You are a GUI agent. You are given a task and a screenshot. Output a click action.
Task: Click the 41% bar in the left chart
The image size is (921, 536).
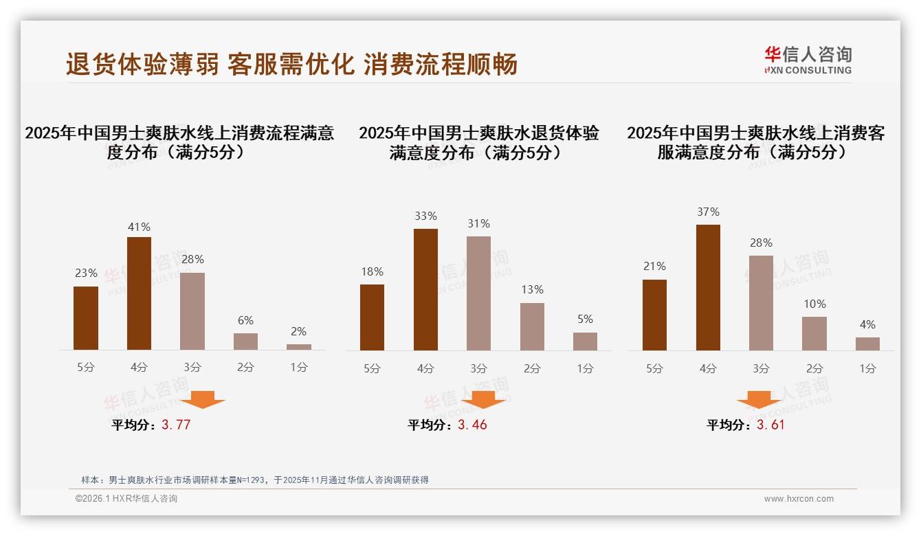pos(139,293)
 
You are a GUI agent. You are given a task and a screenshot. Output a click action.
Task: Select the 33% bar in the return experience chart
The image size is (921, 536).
pos(425,289)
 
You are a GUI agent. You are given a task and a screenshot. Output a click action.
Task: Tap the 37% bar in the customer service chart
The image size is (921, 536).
pos(708,287)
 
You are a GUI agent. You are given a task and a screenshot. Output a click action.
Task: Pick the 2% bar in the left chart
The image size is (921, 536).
pos(299,347)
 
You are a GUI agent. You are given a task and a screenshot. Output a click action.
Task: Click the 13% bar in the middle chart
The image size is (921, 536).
pos(532,326)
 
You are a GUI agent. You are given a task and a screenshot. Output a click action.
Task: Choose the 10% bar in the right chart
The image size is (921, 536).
pos(814,333)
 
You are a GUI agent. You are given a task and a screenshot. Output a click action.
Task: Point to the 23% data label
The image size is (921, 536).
pos(86,273)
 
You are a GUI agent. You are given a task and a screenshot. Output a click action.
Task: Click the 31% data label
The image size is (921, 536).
pos(478,223)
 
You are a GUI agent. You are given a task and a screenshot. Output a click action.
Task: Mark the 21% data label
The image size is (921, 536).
pos(654,266)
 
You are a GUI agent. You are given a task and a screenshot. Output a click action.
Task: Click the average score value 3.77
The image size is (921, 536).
pos(176,425)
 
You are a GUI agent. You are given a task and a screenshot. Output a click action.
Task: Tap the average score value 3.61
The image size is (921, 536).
pos(770,425)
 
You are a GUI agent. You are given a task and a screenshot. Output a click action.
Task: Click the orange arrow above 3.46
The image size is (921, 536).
pos(483,401)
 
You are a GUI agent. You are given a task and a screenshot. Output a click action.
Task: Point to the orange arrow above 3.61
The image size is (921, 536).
pos(759,401)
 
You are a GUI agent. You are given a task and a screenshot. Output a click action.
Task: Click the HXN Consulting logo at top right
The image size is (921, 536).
pos(808,60)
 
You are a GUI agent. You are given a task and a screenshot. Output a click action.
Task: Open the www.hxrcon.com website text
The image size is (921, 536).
pos(799,499)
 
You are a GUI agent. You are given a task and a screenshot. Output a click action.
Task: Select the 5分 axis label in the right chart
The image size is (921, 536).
pos(654,368)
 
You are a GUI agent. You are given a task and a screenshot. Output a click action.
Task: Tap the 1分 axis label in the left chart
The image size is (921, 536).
pos(299,367)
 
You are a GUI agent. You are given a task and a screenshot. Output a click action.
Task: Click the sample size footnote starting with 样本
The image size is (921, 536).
pos(255,480)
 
